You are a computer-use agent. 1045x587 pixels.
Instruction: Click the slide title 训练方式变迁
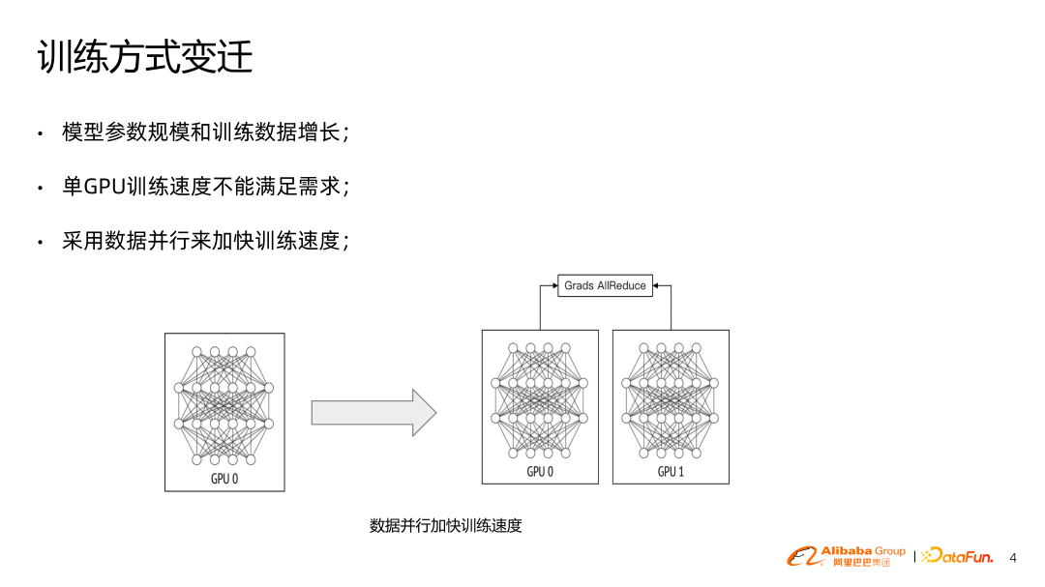tap(145, 57)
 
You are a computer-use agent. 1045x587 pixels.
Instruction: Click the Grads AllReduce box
tap(605, 285)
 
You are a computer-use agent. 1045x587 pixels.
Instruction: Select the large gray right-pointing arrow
tap(373, 413)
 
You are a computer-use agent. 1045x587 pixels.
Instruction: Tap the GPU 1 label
tap(671, 472)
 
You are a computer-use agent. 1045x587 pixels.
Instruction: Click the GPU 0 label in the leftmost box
tap(224, 479)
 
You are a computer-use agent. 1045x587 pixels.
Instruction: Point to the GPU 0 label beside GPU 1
tap(540, 472)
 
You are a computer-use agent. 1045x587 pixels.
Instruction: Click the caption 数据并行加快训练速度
tap(445, 526)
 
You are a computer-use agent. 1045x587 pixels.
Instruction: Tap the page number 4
tap(1013, 558)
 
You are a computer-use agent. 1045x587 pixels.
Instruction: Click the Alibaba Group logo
tap(846, 556)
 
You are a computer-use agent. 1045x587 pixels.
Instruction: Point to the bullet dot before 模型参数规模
tap(40, 133)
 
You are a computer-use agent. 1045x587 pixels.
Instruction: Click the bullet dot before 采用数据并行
tap(40, 243)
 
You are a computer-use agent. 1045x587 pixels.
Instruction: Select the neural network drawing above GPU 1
tap(671, 399)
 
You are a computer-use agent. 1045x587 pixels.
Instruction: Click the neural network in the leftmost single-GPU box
tap(224, 404)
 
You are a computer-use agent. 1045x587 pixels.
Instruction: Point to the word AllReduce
tap(621, 285)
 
